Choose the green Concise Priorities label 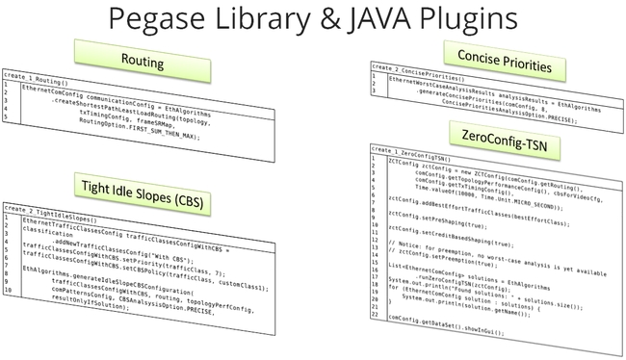tap(497, 64)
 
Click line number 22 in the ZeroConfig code tap(378, 315)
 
